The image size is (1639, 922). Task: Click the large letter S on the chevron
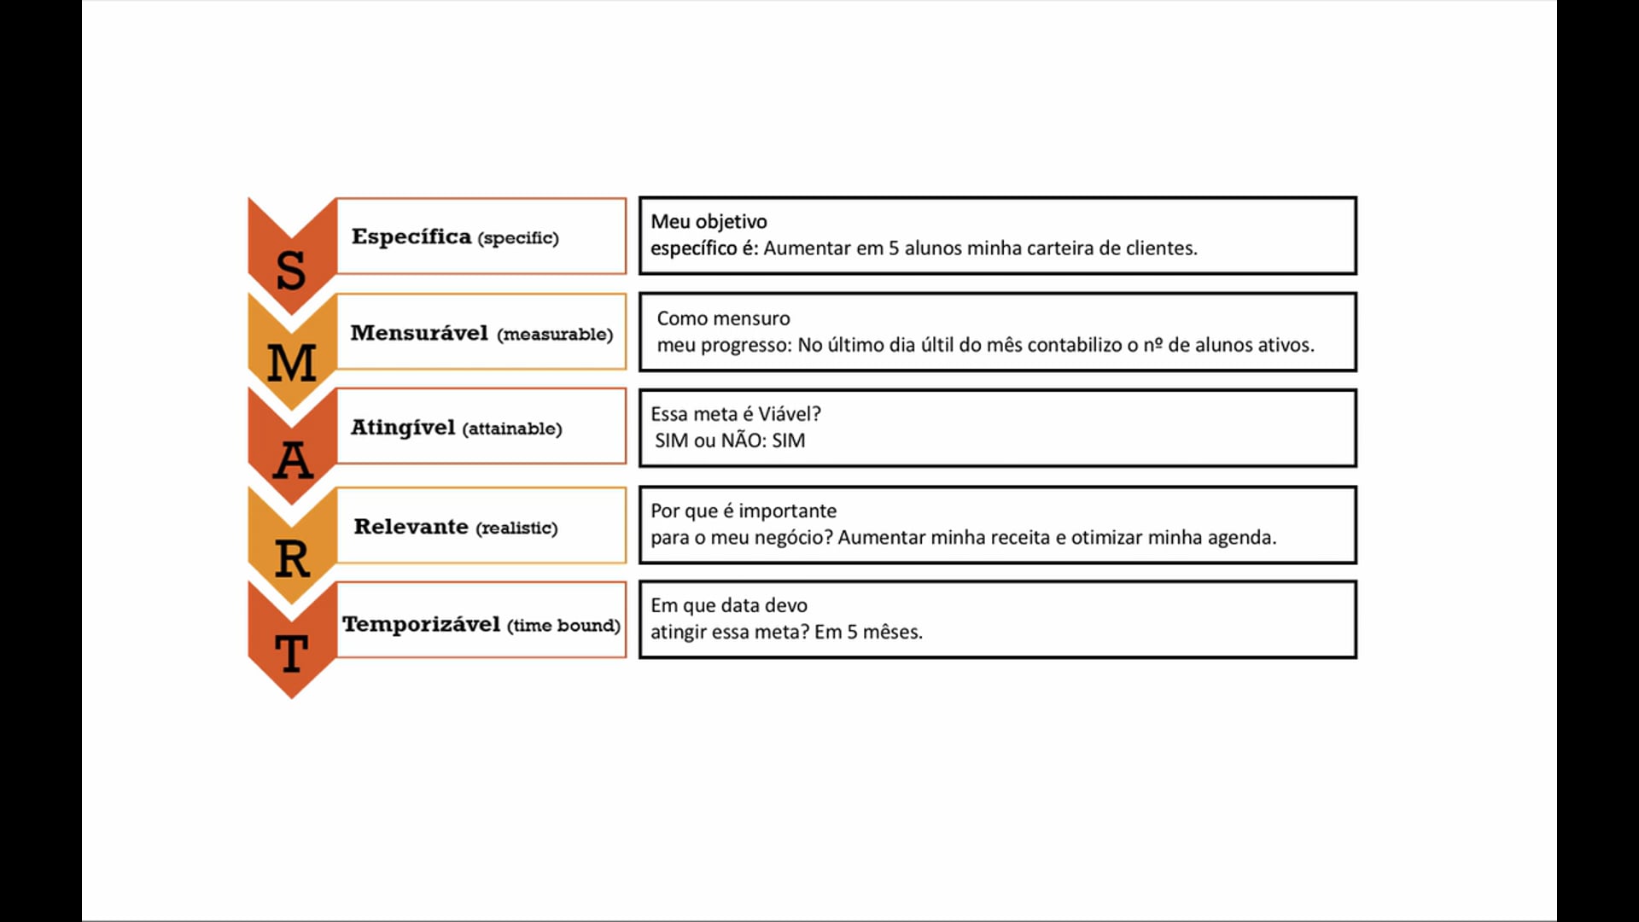(x=291, y=270)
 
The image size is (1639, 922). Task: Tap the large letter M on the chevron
(x=292, y=363)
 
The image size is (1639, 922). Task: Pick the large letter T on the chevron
(x=292, y=654)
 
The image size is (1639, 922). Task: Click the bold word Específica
(x=411, y=236)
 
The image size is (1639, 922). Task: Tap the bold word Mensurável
(x=419, y=333)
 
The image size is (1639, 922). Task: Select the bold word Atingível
(x=403, y=427)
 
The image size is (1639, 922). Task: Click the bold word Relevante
(x=411, y=527)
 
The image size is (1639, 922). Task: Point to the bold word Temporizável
(x=422, y=624)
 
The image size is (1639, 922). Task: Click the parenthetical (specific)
(x=518, y=238)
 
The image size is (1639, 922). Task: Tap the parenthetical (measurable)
(x=555, y=335)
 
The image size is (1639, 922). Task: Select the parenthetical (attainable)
(x=512, y=429)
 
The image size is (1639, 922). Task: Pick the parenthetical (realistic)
(x=516, y=528)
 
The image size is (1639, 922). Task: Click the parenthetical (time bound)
(x=563, y=626)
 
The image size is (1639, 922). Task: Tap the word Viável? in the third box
(x=790, y=414)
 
